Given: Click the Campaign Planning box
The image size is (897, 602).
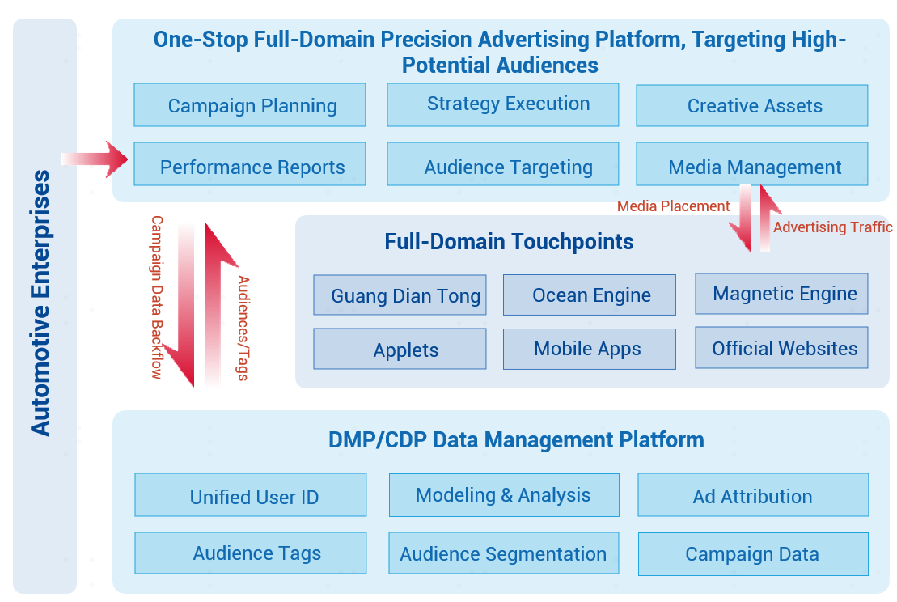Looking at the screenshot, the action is tap(250, 104).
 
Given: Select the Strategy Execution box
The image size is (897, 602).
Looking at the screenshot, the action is tap(503, 104).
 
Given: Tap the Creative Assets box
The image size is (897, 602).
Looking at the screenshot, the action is tap(752, 106).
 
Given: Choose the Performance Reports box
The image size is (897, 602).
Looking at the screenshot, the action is tap(250, 163).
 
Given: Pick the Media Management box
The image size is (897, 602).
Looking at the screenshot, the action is tap(752, 163).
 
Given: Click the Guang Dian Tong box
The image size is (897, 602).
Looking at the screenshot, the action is tap(400, 295).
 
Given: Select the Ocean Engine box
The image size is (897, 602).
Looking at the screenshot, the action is tap(590, 295).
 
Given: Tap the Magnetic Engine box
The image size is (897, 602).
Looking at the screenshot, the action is tap(782, 294).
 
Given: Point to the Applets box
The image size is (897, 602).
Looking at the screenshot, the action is tap(400, 349).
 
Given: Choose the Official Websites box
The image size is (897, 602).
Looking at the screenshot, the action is tap(782, 347).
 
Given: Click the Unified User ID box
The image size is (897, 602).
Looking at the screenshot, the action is tap(251, 495).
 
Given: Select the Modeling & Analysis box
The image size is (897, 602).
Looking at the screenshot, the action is tap(504, 495).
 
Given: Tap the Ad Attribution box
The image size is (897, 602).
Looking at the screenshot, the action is tap(753, 495).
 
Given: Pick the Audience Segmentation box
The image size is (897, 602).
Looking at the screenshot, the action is tap(504, 553).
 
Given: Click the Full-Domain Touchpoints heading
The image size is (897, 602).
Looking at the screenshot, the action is tap(509, 241).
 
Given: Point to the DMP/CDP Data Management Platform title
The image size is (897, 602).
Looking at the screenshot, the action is tap(516, 440).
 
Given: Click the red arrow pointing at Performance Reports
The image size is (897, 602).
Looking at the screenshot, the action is tap(95, 159).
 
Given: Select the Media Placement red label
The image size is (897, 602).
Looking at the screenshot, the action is tap(673, 206).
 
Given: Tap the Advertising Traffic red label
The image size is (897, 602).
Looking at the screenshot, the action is tap(833, 227).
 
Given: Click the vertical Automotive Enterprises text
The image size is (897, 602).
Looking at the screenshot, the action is tap(40, 303).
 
